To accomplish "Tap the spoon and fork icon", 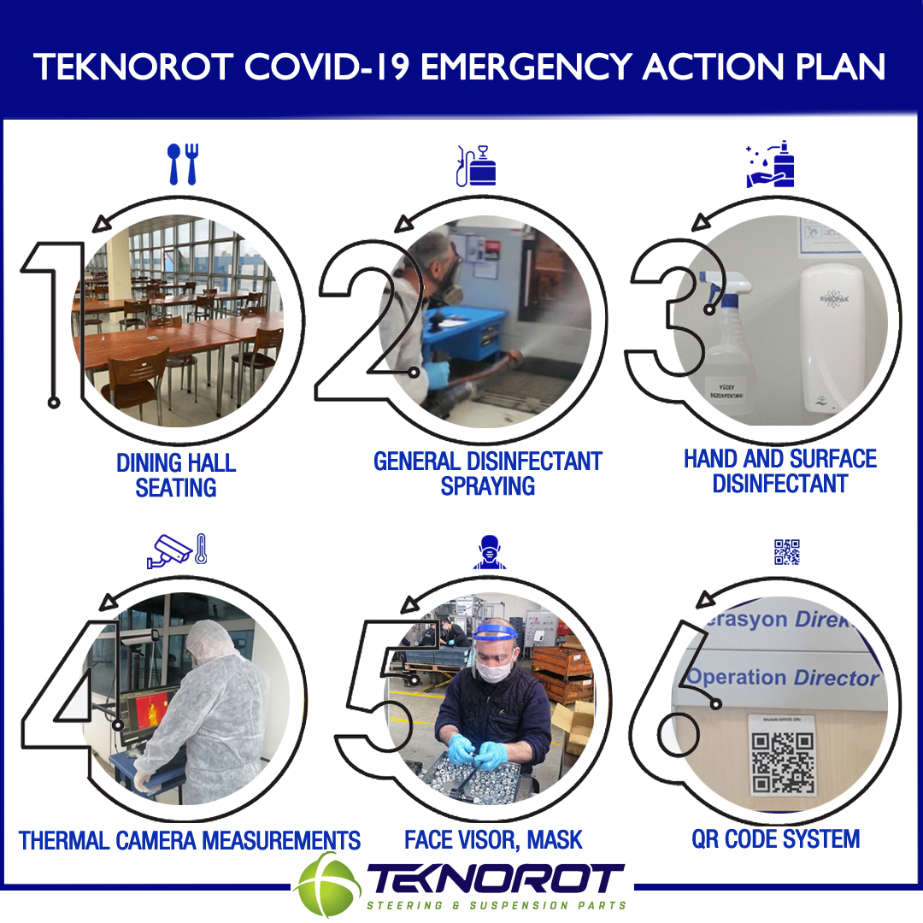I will click(182, 164).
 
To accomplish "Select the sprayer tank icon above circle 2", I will click(476, 166).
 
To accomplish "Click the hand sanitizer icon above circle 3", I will click(771, 165).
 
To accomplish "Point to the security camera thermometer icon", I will click(177, 551).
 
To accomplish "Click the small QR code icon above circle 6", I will click(786, 552).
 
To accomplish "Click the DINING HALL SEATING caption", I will click(176, 475).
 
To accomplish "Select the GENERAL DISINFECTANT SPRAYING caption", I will click(488, 473).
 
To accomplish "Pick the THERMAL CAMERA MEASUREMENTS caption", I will click(190, 840).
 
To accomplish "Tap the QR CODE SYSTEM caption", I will click(775, 838).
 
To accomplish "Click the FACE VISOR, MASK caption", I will click(493, 840).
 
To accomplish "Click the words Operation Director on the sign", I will click(783, 678).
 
